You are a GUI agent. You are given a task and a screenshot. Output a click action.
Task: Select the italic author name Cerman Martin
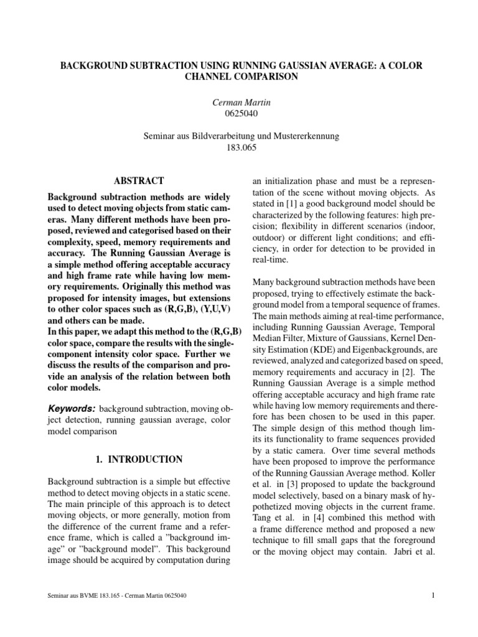(239, 101)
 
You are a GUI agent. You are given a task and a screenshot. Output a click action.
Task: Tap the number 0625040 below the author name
(239, 113)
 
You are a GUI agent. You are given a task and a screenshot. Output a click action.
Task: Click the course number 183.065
(239, 148)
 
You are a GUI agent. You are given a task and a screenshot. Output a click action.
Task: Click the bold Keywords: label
(72, 408)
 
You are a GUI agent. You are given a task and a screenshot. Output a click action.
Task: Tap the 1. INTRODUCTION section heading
(139, 460)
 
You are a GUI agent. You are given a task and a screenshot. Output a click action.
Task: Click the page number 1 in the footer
(431, 596)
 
